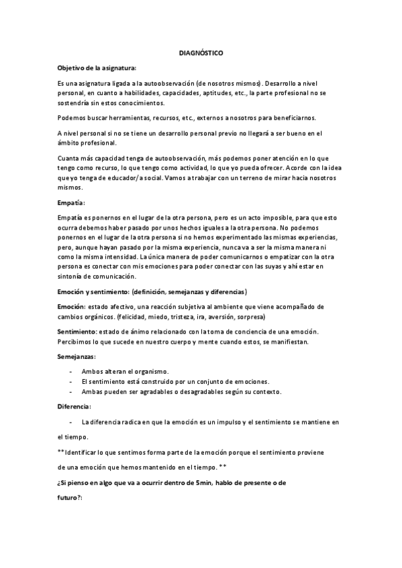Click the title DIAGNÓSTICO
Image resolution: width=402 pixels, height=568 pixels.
click(x=201, y=52)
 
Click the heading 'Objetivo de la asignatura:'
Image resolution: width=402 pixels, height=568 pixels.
click(x=96, y=68)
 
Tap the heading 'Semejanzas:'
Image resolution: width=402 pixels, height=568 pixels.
click(x=77, y=356)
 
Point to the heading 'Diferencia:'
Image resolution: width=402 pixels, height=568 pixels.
click(x=74, y=407)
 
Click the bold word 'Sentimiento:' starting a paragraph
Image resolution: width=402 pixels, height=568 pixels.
click(x=77, y=331)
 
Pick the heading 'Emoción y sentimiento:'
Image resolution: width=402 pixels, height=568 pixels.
click(x=93, y=292)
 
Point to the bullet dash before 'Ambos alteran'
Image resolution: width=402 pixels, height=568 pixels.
click(x=71, y=371)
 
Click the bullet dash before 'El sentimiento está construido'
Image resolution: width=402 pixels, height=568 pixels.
click(x=71, y=381)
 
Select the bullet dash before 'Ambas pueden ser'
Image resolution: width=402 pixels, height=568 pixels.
click(x=71, y=391)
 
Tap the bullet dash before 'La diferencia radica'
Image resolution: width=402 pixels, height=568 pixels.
click(x=71, y=422)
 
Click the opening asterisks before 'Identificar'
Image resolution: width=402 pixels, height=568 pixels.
click(x=61, y=452)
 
